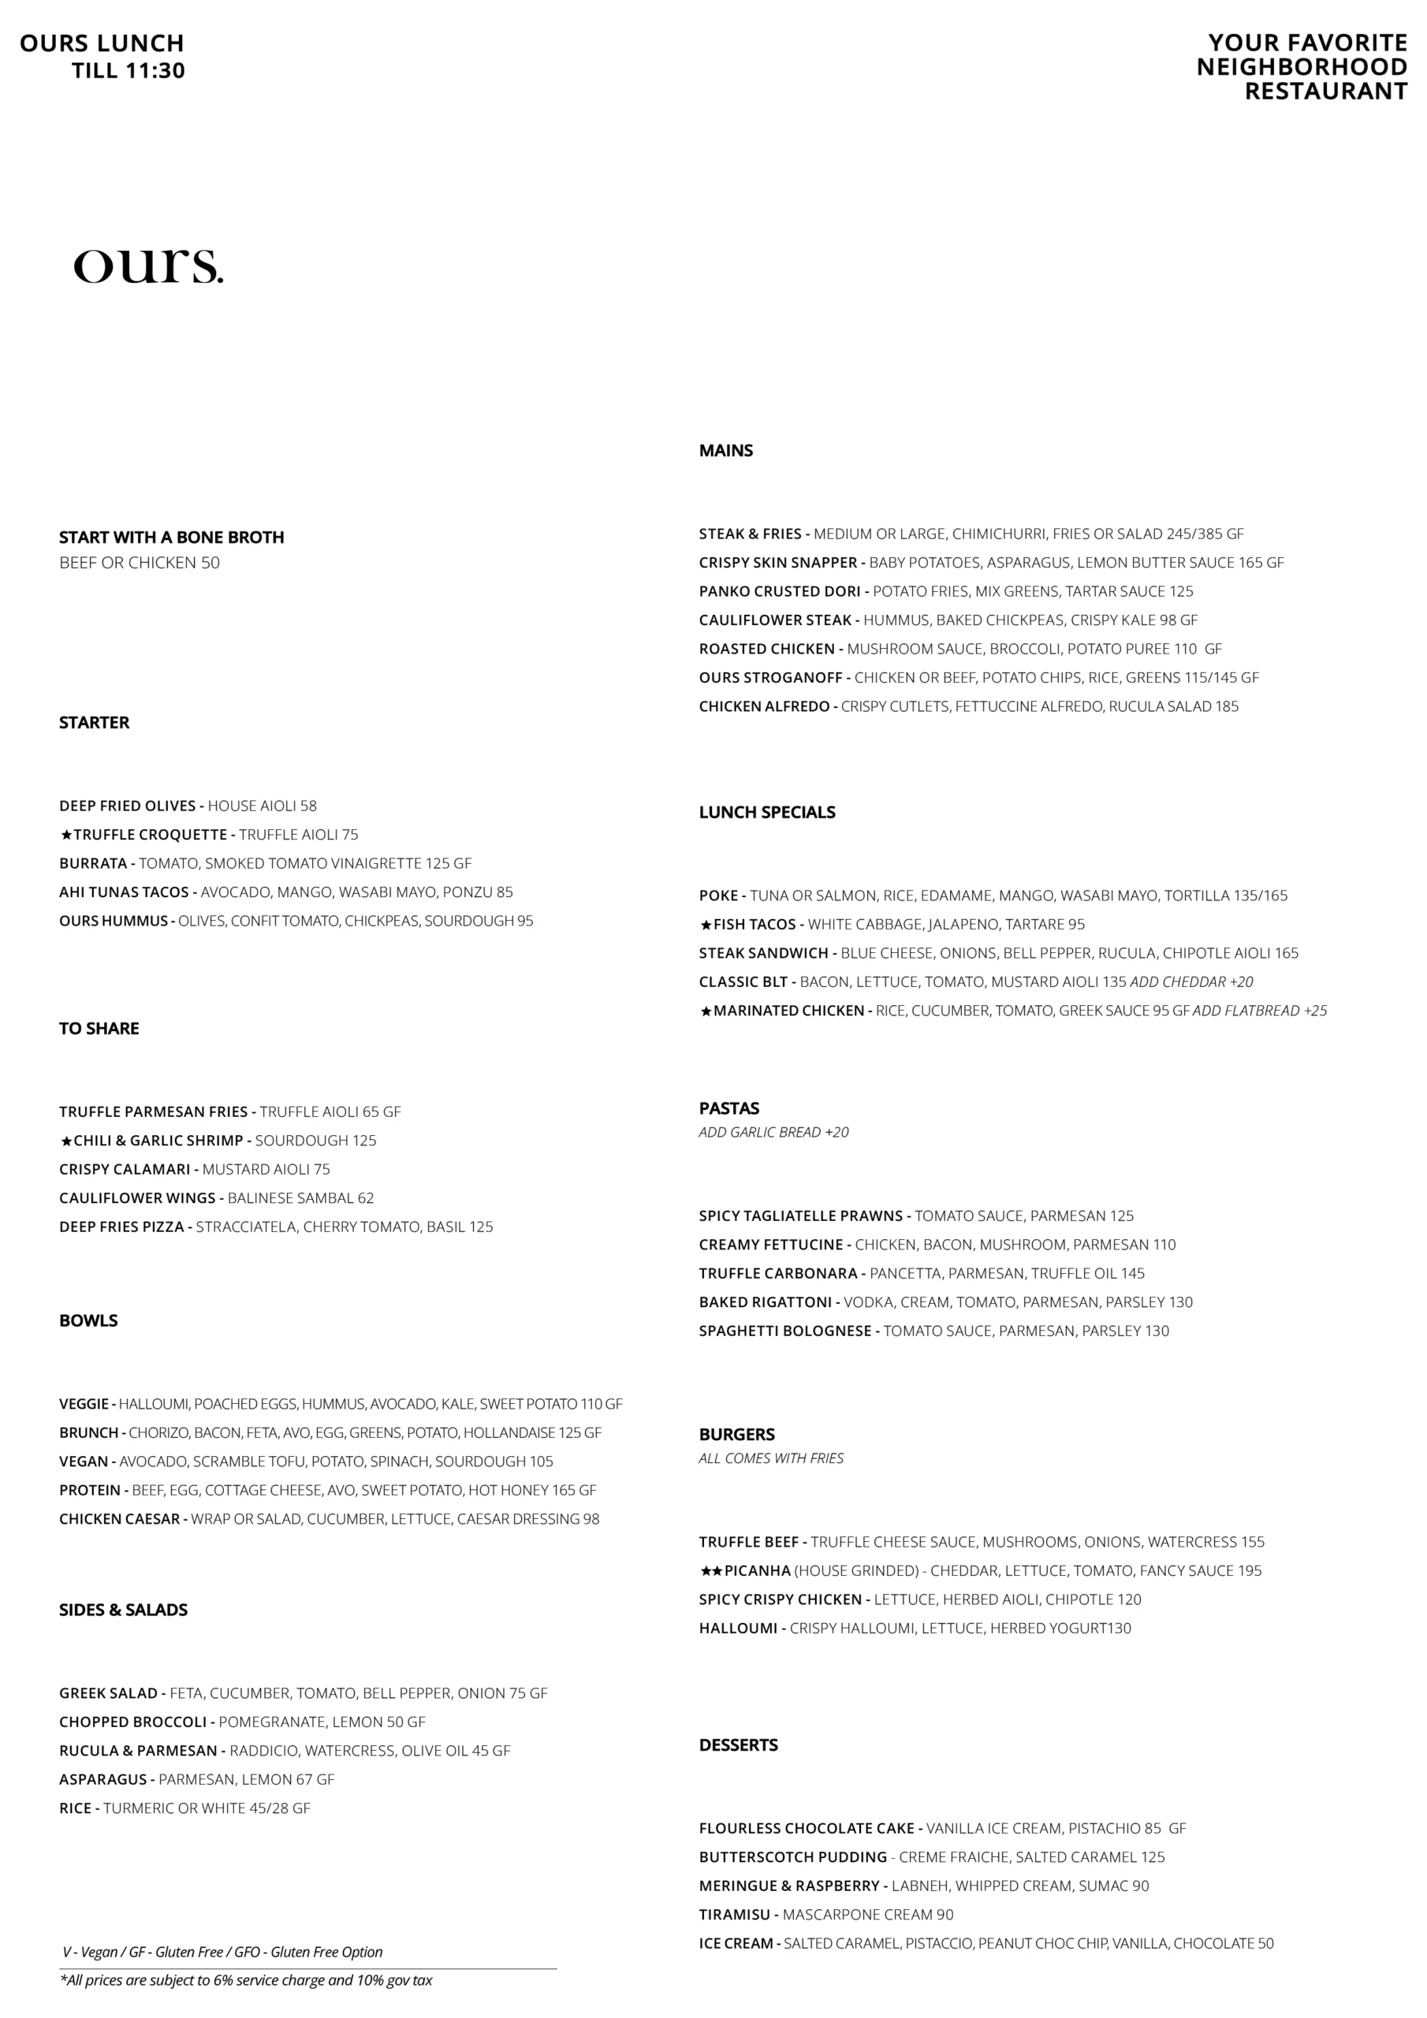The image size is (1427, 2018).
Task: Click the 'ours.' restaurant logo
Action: pos(147,266)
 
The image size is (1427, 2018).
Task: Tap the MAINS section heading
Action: pos(725,451)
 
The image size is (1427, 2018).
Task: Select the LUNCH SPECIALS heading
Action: pos(766,813)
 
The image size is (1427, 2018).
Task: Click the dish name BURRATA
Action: pos(93,864)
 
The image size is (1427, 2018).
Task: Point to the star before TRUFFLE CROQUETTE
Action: pos(66,835)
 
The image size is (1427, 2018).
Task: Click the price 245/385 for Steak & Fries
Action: pos(1194,534)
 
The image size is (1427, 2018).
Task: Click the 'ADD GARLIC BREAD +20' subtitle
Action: pos(773,1132)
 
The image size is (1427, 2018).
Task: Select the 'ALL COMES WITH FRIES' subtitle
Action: pos(771,1458)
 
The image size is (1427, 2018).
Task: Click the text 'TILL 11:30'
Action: pos(129,71)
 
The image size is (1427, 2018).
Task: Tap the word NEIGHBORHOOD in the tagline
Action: pos(1302,68)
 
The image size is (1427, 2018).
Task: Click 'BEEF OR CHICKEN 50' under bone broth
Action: pos(139,564)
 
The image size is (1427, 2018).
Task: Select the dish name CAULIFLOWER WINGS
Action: pos(137,1198)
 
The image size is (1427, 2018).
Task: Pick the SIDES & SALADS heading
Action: pos(123,1610)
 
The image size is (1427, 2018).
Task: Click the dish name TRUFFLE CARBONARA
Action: pos(778,1274)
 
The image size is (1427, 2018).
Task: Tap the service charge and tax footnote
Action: pos(246,1980)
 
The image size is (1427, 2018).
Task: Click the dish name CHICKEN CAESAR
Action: pos(120,1519)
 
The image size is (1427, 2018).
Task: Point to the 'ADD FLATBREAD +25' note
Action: pos(1259,1011)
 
